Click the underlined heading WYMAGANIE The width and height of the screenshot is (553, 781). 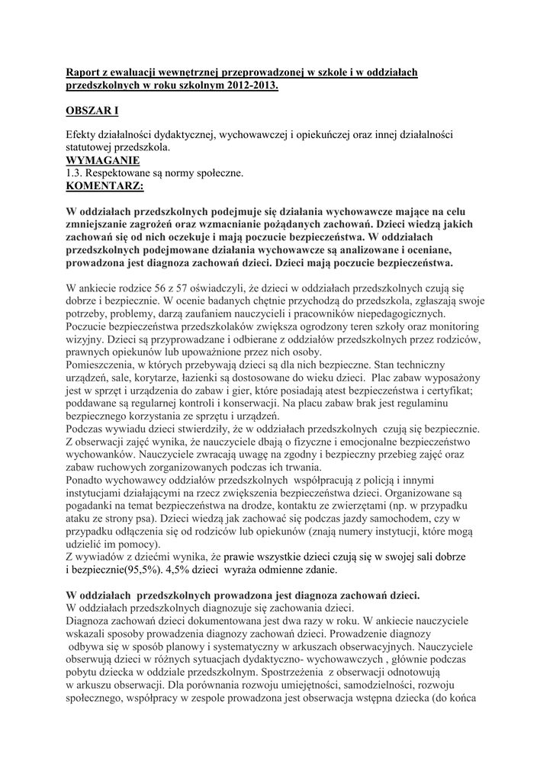(103, 161)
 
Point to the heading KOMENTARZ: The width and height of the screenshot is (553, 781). (104, 185)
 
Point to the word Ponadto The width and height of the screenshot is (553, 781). (88, 480)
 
